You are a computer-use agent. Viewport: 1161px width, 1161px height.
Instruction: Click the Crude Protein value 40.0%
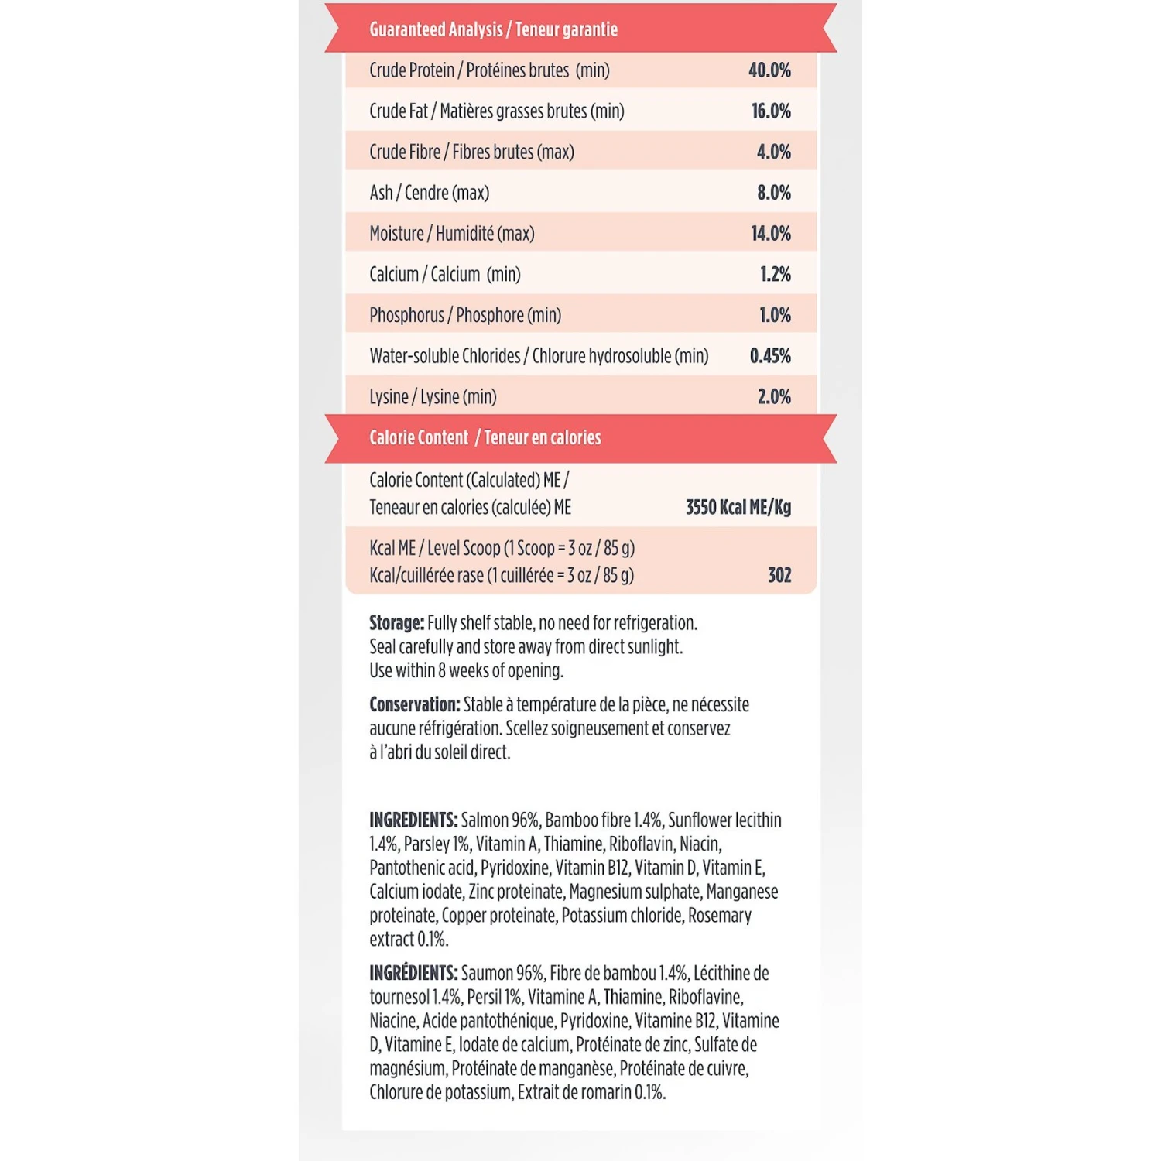coord(769,70)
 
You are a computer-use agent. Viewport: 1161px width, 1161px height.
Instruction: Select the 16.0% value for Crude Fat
coord(771,111)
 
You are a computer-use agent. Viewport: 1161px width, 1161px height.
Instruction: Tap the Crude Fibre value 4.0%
coord(773,152)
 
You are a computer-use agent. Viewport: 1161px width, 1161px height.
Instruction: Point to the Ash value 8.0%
coord(773,193)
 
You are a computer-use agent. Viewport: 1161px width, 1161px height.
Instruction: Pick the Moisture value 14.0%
coord(771,234)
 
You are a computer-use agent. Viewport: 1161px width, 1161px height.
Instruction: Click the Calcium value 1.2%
coord(775,275)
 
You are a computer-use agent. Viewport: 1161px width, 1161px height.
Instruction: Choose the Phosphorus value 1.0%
coord(774,315)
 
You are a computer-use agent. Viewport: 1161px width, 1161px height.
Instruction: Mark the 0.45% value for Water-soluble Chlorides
coord(770,356)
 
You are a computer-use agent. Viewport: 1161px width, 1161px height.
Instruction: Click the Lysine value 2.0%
coord(774,397)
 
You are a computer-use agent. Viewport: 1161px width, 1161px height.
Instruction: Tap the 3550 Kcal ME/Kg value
coord(738,508)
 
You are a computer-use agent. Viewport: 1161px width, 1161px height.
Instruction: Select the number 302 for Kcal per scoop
coord(779,575)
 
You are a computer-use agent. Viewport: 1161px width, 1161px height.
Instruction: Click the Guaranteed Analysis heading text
coord(493,29)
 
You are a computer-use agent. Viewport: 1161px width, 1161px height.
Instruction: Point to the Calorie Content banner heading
coord(485,438)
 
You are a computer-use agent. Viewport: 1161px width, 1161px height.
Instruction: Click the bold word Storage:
coord(396,623)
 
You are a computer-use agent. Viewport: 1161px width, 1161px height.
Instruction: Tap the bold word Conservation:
coord(414,704)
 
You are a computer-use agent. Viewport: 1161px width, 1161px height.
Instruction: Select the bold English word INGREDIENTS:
coord(413,820)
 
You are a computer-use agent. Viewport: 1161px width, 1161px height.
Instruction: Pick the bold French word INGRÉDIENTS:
coord(413,973)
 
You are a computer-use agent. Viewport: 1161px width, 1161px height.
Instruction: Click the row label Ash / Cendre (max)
coord(429,193)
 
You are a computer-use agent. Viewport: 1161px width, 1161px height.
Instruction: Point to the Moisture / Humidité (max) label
coord(451,234)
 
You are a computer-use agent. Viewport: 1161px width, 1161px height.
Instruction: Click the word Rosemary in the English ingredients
coord(720,916)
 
